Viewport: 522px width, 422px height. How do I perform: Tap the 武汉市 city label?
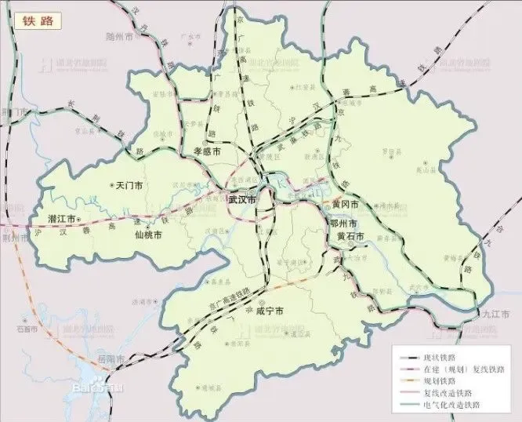(242, 200)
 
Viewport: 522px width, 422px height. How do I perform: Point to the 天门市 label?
(129, 187)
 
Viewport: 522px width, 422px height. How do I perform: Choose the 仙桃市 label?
(148, 235)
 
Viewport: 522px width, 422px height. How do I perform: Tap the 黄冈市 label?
(345, 204)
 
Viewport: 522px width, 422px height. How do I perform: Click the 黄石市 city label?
(350, 236)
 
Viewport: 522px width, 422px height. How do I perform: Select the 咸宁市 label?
(269, 311)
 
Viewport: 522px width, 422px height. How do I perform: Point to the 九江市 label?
(495, 314)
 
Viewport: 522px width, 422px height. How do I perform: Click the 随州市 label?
(123, 37)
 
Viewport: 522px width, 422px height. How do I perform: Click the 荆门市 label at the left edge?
(14, 112)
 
